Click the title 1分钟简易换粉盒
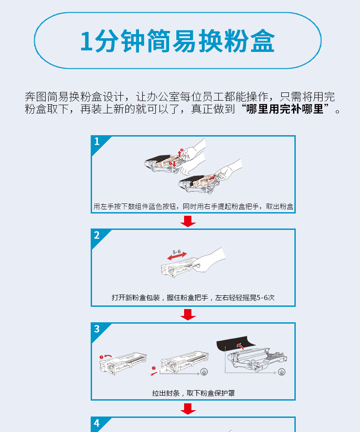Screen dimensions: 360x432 coord(177,41)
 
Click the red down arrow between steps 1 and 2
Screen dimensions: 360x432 coord(188,221)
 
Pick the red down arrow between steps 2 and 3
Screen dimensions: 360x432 coord(188,315)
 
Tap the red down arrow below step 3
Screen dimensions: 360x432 coord(188,409)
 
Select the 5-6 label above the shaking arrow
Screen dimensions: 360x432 coord(177,252)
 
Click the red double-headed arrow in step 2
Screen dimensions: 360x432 coord(177,256)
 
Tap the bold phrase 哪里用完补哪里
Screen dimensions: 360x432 coord(284,109)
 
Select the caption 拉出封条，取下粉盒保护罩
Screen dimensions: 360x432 coord(193,393)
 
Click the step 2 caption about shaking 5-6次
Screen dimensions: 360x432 coord(193,298)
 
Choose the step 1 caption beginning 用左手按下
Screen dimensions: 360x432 coord(193,206)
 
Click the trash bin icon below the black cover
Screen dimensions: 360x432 coord(282,372)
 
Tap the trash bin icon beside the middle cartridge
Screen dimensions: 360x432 coord(204,372)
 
